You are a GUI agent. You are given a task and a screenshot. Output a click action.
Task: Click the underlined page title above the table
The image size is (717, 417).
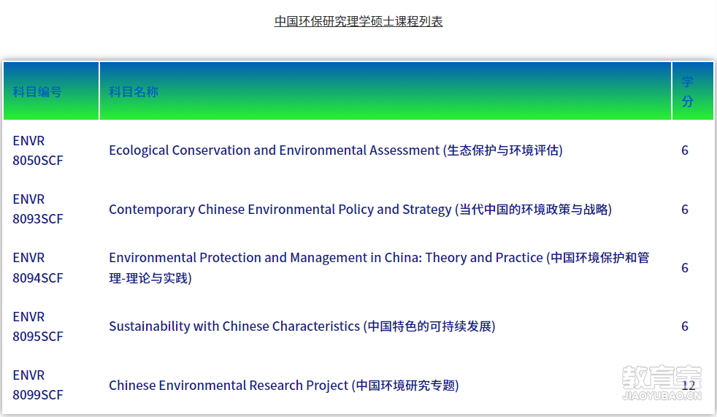pos(358,21)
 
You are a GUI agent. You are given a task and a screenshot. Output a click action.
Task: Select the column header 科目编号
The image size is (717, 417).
pos(37,92)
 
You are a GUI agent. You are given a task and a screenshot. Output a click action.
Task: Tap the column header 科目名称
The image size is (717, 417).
pos(134,92)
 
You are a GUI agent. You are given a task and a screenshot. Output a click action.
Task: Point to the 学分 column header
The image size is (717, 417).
pos(687,91)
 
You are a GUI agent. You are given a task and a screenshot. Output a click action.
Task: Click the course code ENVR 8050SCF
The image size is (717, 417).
pos(37,150)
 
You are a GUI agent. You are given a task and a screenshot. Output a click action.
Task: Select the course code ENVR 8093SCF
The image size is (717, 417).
pos(37,209)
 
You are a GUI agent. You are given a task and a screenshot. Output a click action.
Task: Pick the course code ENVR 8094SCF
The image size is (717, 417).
pos(37,267)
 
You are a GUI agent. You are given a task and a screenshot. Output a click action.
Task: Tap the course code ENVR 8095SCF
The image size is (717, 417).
pos(37,326)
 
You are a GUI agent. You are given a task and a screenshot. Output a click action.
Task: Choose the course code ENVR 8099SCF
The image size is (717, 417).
pos(37,385)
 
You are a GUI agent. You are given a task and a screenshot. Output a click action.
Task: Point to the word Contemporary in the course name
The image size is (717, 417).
pos(152,210)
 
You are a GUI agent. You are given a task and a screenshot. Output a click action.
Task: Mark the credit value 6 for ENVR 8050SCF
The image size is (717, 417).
pos(685,150)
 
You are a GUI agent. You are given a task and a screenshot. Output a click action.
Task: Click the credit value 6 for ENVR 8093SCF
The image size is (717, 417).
pos(685,210)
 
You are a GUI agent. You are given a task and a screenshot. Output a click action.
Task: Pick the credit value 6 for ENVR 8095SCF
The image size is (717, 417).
pos(685,326)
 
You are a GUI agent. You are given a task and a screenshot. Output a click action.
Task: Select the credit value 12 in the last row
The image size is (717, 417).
pos(689,386)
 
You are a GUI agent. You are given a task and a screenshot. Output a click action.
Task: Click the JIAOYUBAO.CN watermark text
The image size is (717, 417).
pos(662,396)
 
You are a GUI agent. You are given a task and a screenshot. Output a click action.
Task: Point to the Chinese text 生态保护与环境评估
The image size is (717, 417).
pos(502,150)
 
